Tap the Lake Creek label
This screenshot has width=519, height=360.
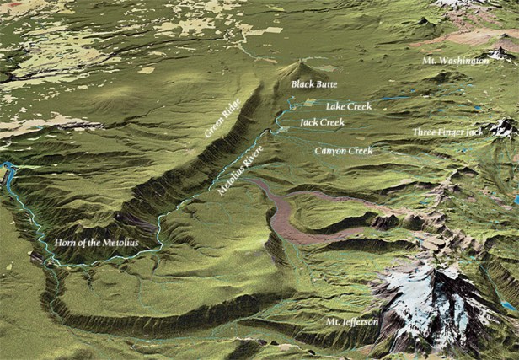349,106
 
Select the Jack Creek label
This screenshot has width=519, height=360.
322,123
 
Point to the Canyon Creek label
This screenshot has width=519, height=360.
343,151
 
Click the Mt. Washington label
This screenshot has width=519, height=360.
455,61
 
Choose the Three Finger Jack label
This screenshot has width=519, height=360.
447,132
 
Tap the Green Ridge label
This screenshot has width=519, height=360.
222,119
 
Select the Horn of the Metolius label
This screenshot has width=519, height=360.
96,243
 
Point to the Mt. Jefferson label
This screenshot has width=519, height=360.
352,323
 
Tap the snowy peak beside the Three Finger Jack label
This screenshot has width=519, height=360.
504,127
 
